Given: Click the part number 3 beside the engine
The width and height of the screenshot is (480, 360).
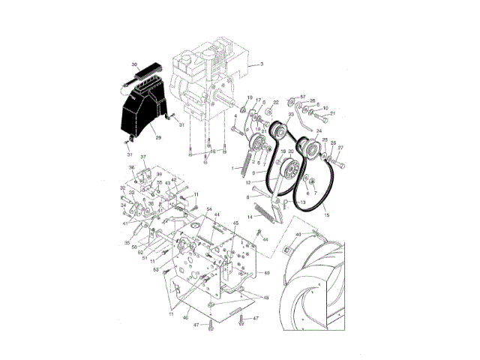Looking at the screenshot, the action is click(x=262, y=64).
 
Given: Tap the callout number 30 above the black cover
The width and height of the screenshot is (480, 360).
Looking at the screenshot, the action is click(x=134, y=65).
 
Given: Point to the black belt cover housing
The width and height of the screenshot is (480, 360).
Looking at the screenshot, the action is click(x=142, y=112).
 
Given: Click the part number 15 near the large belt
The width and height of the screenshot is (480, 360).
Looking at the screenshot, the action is click(x=326, y=215).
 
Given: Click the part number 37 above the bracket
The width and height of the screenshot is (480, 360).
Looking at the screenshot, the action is click(x=144, y=157).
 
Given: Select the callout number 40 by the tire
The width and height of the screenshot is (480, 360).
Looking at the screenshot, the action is click(x=298, y=235).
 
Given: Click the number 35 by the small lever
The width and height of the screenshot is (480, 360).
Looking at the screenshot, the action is click(x=128, y=243).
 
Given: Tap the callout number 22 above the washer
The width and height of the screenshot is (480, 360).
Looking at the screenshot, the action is click(x=275, y=103).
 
